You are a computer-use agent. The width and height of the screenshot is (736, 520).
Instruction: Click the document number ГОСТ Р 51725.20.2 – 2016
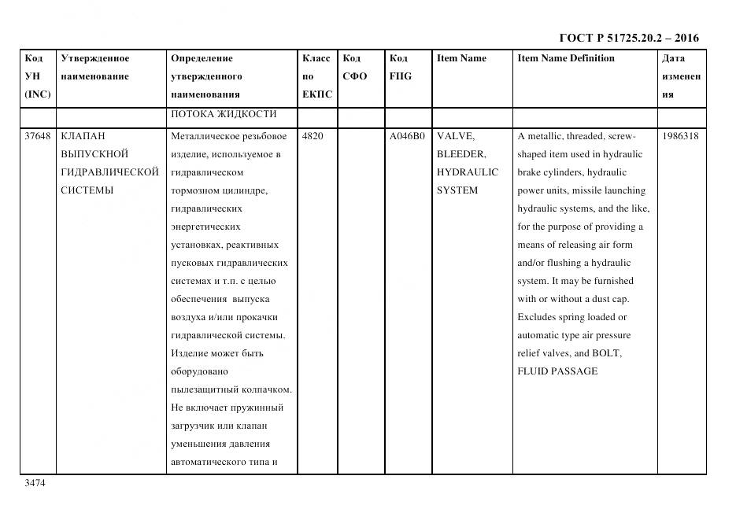(628, 38)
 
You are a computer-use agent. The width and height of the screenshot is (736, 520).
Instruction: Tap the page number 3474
(35, 484)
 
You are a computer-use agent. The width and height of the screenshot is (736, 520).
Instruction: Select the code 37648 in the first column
(38, 136)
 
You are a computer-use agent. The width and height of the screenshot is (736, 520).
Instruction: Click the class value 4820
(313, 136)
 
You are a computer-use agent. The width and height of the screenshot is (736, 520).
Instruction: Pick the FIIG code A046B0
(407, 136)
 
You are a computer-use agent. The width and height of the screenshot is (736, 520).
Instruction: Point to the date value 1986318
(680, 136)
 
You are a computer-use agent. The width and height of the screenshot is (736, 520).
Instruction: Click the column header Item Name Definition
(566, 58)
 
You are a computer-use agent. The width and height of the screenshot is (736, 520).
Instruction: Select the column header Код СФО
(355, 68)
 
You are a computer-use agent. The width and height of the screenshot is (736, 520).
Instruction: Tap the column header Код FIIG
(400, 68)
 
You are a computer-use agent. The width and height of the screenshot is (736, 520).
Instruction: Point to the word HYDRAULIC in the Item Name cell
(468, 172)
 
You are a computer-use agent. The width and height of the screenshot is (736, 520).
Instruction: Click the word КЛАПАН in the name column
(83, 136)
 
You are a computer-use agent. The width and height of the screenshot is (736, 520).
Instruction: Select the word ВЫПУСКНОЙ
(94, 154)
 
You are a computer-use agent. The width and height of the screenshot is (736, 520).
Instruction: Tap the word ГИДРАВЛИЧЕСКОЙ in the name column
(109, 172)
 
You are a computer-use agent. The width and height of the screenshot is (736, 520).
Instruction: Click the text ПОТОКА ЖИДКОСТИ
(223, 115)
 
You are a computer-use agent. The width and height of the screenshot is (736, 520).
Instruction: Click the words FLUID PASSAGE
(557, 371)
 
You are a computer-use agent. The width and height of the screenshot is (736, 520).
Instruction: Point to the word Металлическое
(205, 136)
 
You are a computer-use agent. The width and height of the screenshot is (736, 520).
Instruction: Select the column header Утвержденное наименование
(95, 68)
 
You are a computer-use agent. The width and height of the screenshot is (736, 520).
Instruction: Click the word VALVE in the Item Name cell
(455, 136)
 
